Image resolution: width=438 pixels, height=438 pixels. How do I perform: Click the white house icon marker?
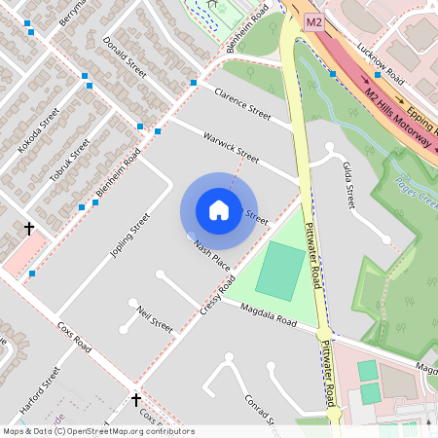coord(219,210)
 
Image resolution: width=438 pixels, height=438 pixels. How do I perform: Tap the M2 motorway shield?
coord(313,21)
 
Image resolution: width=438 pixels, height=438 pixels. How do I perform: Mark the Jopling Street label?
coord(129,237)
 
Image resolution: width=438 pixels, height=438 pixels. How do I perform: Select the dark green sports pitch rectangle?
coord(279,272)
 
